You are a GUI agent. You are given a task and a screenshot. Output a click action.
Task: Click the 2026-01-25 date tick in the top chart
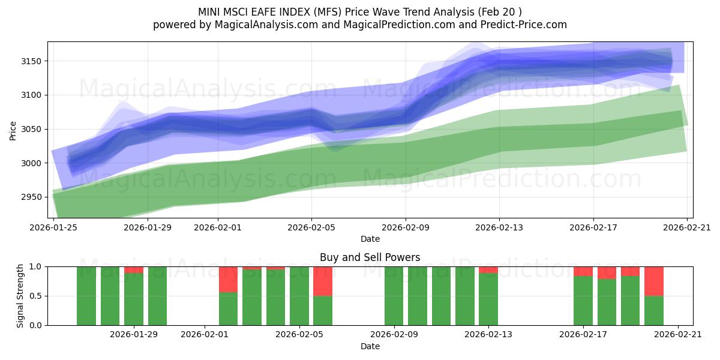pyautogui.click(x=54, y=227)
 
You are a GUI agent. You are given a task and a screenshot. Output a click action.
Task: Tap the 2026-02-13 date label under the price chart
pyautogui.click(x=499, y=227)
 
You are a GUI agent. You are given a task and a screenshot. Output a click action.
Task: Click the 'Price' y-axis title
pyautogui.click(x=13, y=130)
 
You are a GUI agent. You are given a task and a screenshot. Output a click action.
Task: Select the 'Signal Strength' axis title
pyautogui.click(x=20, y=296)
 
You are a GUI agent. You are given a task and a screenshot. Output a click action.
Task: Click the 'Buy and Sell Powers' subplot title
pyautogui.click(x=370, y=257)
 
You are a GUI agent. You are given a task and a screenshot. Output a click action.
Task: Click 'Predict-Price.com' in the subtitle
pyautogui.click(x=526, y=25)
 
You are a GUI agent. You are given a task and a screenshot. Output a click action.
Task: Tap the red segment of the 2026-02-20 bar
pyautogui.click(x=654, y=281)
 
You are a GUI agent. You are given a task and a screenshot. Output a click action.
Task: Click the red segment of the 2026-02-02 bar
pyautogui.click(x=228, y=279)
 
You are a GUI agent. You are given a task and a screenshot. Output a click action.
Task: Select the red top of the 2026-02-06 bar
pyautogui.click(x=323, y=281)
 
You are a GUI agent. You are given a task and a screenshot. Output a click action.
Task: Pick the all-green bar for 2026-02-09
pyautogui.click(x=394, y=296)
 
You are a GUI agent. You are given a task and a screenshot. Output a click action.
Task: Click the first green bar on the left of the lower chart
pyautogui.click(x=86, y=296)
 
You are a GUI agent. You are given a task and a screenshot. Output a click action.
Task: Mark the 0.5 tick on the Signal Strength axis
pyautogui.click(x=36, y=296)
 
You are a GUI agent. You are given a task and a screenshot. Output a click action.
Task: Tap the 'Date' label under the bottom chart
pyautogui.click(x=370, y=346)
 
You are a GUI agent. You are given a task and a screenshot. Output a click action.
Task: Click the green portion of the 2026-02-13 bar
pyautogui.click(x=488, y=300)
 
